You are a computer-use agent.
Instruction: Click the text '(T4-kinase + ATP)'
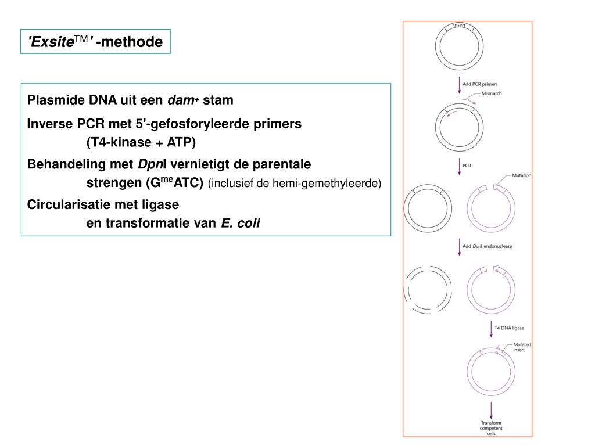click(141, 142)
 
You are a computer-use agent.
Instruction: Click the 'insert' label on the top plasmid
click(459, 26)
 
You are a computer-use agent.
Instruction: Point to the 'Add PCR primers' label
click(480, 84)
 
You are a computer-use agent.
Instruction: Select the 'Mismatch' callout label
click(492, 93)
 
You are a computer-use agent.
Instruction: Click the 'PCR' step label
click(467, 166)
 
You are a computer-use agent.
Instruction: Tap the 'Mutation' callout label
click(521, 175)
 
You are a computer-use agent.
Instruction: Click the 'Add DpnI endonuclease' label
click(487, 246)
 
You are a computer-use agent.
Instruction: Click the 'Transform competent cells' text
click(491, 428)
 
